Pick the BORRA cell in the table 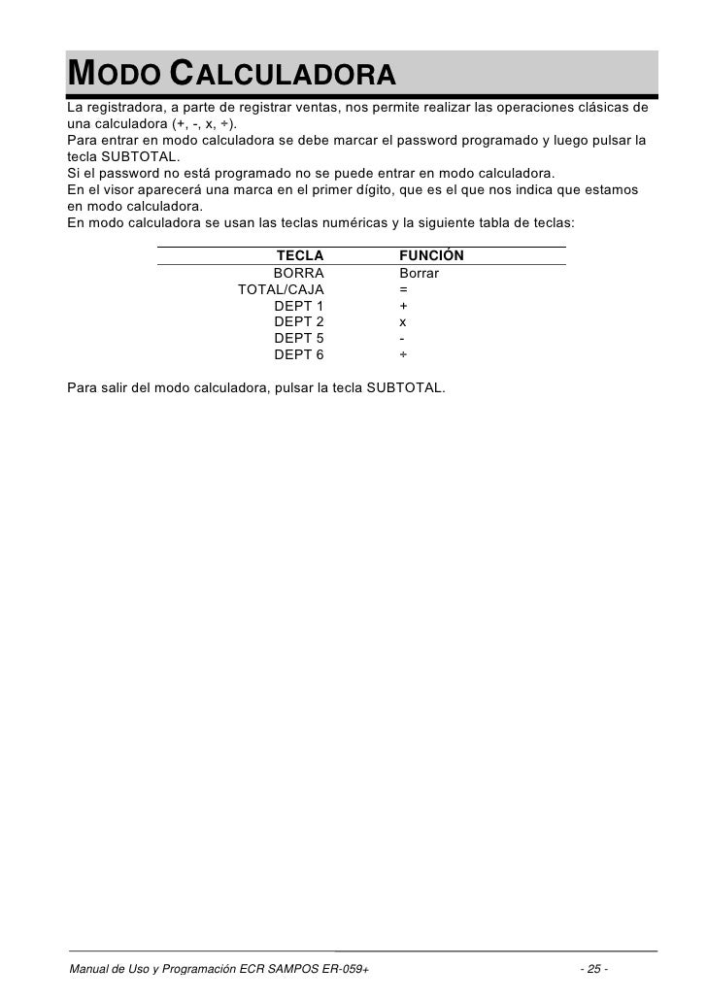[x=298, y=274]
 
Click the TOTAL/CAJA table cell [x=282, y=289]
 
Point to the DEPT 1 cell [x=299, y=306]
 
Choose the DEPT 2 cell [x=299, y=321]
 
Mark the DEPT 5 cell [x=299, y=338]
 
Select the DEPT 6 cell [x=299, y=354]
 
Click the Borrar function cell [x=420, y=274]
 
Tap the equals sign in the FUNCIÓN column [x=403, y=289]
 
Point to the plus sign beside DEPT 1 [x=403, y=306]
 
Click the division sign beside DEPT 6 [x=403, y=354]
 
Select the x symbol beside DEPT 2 [x=403, y=321]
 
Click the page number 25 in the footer [x=593, y=969]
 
